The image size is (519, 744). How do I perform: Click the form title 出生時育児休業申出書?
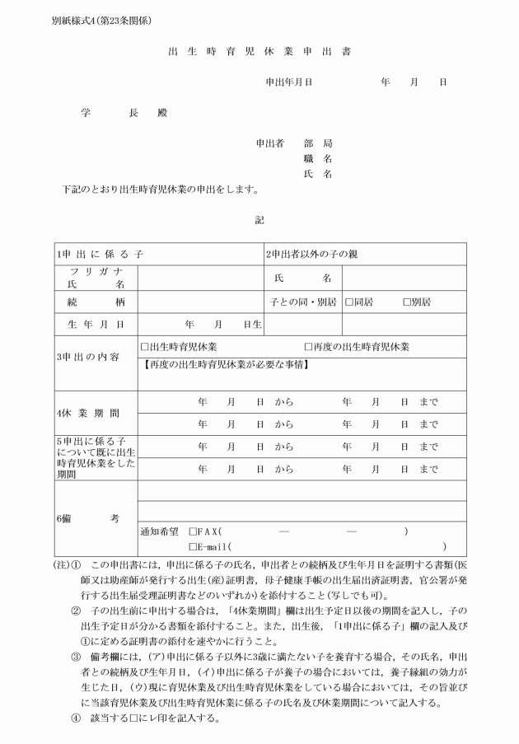point(259,51)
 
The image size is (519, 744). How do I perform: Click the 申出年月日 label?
point(288,82)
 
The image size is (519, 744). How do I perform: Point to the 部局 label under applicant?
point(317,143)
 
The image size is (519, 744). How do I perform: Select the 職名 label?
point(317,158)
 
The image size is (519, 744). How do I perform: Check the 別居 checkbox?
point(407,302)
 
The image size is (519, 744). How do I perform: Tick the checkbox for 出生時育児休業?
point(144,348)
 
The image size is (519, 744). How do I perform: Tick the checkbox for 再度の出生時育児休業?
point(308,348)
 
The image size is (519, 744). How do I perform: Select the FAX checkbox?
point(193,531)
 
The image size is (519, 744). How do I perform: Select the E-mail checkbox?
point(193,547)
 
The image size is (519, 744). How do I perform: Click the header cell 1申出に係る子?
point(100,254)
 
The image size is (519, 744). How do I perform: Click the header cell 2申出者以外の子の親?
point(311,254)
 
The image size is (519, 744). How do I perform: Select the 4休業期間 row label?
point(87,412)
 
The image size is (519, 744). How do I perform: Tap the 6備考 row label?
point(87,518)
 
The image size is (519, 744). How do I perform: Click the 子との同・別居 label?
point(301,302)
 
